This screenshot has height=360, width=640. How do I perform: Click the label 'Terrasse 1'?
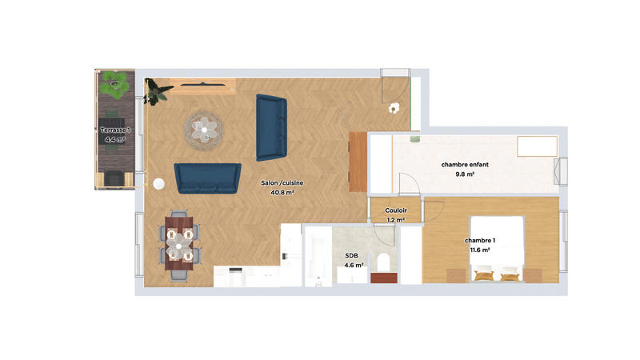pyautogui.click(x=114, y=130)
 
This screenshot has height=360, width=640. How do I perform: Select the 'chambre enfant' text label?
pyautogui.click(x=465, y=165)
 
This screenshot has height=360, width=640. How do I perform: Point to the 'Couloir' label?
pyautogui.click(x=396, y=210)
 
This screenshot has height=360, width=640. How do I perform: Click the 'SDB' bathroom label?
pyautogui.click(x=351, y=255)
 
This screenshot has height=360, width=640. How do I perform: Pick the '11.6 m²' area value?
pyautogui.click(x=480, y=250)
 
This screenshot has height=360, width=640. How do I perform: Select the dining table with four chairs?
pyautogui.click(x=179, y=243)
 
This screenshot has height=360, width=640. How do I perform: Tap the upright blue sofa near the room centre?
pyautogui.click(x=271, y=127)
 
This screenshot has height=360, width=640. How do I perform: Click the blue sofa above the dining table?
pyautogui.click(x=208, y=178)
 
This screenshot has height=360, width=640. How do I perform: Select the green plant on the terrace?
pyautogui.click(x=116, y=82)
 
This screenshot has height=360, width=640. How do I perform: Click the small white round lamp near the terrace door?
pyautogui.click(x=158, y=184)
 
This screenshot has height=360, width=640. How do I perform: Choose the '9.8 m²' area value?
pyautogui.click(x=465, y=174)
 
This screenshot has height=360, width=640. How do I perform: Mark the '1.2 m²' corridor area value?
pyautogui.click(x=396, y=219)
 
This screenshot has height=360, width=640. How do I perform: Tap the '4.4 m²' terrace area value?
pyautogui.click(x=114, y=139)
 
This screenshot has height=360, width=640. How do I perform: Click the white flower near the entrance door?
pyautogui.click(x=393, y=109)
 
